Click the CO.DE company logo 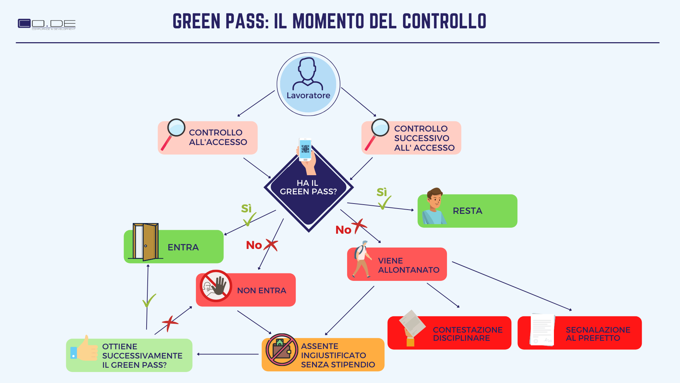(x=46, y=24)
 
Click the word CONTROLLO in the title (x=444, y=21)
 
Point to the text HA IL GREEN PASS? (x=308, y=187)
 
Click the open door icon (x=145, y=242)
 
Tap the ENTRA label (x=183, y=247)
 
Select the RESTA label (x=467, y=211)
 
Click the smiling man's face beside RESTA (x=435, y=199)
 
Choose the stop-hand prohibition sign (x=216, y=286)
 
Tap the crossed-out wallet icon (x=282, y=350)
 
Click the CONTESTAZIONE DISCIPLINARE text (x=467, y=334)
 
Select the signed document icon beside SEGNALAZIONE (x=542, y=329)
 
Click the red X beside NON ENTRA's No (x=272, y=245)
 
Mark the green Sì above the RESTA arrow (x=381, y=192)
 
